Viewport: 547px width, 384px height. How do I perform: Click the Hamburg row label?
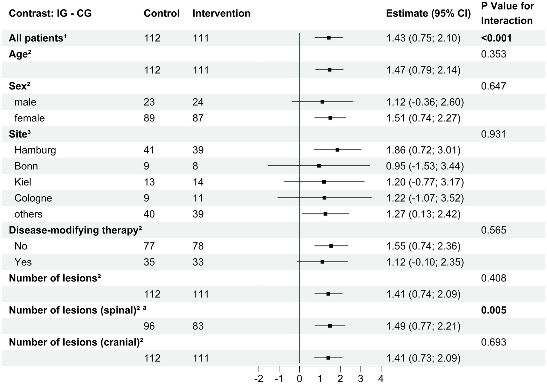[x=35, y=150]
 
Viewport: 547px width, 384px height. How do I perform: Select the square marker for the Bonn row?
[x=319, y=166]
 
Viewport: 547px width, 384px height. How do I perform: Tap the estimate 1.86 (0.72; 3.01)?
[x=423, y=150]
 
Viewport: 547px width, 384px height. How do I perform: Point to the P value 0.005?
[x=494, y=310]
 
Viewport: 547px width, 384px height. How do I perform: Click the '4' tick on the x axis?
[x=381, y=379]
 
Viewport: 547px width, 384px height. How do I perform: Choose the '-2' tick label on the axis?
[x=258, y=379]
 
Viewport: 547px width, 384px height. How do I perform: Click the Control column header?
[x=162, y=13]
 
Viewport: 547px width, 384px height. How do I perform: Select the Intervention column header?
[x=221, y=13]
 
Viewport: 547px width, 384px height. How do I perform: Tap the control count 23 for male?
[x=149, y=102]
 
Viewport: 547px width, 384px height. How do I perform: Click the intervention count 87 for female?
[x=198, y=118]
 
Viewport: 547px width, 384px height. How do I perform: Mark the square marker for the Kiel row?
[x=324, y=182]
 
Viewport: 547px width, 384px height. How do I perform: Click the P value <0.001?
[x=496, y=38]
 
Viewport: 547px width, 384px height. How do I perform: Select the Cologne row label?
[x=33, y=198]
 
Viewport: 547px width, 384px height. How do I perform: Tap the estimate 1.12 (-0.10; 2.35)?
[x=425, y=262]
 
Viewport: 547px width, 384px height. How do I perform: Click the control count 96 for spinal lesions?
[x=149, y=326]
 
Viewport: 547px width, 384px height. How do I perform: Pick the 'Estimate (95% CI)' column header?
[x=428, y=13]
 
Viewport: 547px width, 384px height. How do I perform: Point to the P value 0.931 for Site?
[x=494, y=134]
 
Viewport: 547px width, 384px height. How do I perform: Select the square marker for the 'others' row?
[x=325, y=214]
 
